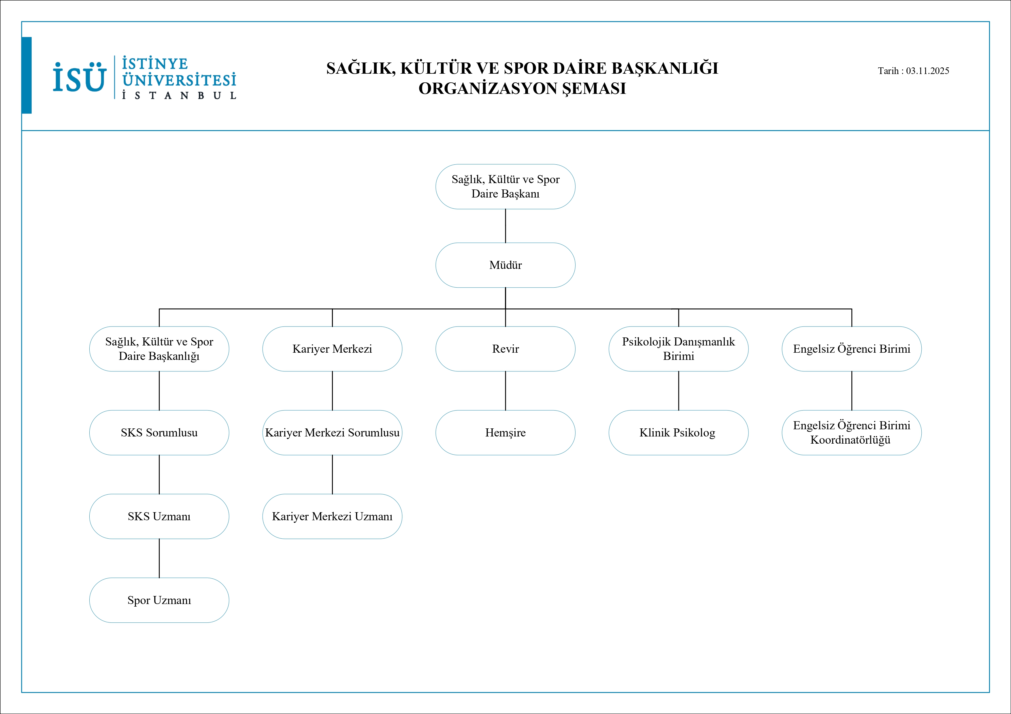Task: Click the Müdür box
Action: point(505,265)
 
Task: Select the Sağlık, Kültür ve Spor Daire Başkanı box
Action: point(505,187)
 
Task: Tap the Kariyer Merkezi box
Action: point(332,349)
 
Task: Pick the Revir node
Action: point(505,349)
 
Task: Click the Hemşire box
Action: point(505,432)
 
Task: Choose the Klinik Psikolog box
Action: point(678,432)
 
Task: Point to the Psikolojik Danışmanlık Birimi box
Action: point(678,349)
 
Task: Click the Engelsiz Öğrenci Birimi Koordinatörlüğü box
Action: point(851,432)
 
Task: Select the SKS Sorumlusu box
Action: point(159,432)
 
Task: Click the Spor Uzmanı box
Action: point(159,600)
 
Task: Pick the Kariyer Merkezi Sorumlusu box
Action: point(332,432)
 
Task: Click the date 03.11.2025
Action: point(927,71)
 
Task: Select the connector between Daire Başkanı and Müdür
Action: point(505,226)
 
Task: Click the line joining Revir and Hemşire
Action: point(505,391)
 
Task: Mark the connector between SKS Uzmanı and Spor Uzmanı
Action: point(159,558)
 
